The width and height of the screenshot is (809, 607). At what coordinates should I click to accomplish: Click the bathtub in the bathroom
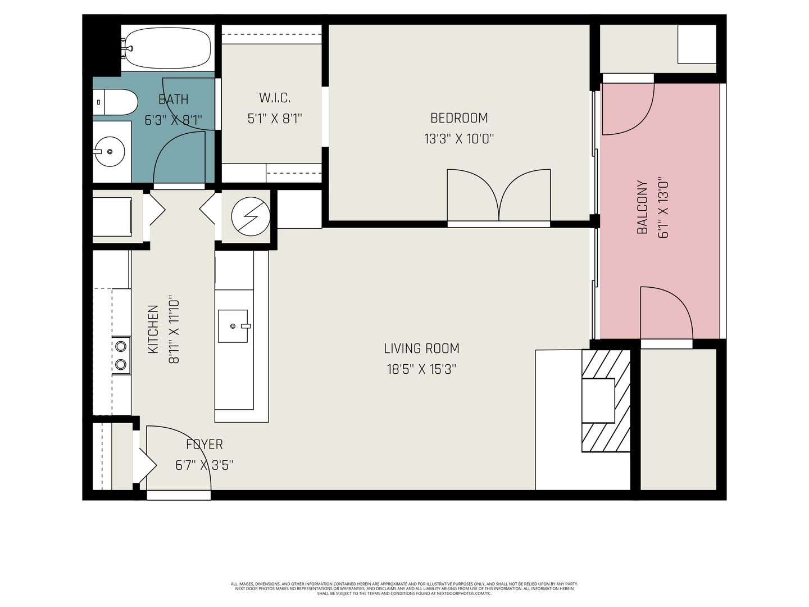tap(167, 48)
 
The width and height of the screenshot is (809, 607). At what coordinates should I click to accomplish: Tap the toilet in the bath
tap(115, 102)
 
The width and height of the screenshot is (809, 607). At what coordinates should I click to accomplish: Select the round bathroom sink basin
tap(110, 152)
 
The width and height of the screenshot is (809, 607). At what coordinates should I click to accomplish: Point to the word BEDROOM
tap(459, 118)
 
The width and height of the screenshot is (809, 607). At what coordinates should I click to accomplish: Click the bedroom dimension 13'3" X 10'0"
tap(459, 139)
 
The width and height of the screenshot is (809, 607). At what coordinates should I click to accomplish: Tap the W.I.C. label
tap(275, 98)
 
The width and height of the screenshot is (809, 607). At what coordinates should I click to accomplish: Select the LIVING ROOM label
tap(422, 348)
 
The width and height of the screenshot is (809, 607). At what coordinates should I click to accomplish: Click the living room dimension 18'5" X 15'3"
tap(422, 369)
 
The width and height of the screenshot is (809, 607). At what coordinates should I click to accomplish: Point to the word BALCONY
tap(642, 207)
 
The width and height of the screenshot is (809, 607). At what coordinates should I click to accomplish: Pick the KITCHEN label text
tap(153, 329)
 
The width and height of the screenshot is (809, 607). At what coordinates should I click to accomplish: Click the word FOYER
tap(204, 445)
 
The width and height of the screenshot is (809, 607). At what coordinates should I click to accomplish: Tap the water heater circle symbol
tap(251, 217)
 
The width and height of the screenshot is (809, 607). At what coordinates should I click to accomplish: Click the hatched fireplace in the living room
tap(606, 401)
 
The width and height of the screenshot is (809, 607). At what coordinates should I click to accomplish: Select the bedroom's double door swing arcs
tap(499, 195)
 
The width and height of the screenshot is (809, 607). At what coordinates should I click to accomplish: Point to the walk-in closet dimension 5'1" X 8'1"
tap(275, 119)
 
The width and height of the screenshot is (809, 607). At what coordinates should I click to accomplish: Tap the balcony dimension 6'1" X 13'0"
tap(663, 209)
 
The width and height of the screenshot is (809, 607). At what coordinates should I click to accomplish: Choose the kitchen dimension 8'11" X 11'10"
tap(174, 329)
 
